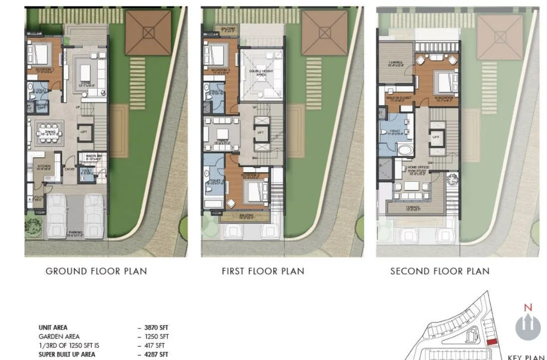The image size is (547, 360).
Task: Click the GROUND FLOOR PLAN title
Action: pos(96,271)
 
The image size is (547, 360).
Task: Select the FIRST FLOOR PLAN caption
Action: pos(263,271)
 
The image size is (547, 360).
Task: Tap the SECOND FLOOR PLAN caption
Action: pos(440,271)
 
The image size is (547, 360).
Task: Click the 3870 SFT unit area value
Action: pos(154,328)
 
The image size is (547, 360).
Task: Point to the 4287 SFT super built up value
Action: pos(154,355)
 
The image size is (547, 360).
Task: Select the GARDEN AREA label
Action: pos(59,337)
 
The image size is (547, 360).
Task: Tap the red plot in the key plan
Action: pos(492,341)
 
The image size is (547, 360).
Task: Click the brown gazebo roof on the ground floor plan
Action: pos(149,32)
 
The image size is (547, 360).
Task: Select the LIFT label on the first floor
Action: pos(261,132)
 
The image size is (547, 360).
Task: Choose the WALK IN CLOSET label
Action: pos(399,98)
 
